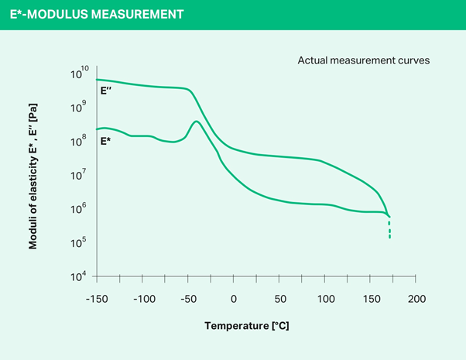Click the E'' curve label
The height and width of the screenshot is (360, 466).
click(x=107, y=91)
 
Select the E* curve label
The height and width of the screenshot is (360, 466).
click(x=106, y=142)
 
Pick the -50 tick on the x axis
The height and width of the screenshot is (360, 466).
click(x=187, y=299)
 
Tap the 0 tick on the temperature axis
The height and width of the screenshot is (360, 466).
click(x=234, y=299)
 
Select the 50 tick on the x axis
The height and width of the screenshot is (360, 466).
click(x=279, y=299)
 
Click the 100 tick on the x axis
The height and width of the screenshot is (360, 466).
click(x=325, y=299)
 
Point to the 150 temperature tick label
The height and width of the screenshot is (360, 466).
click(x=372, y=299)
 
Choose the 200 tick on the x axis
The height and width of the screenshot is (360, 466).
click(x=417, y=299)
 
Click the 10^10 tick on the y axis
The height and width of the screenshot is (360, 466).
click(x=80, y=74)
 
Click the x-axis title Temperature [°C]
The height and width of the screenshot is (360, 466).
click(x=247, y=326)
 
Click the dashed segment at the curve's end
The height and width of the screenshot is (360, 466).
click(x=389, y=228)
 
